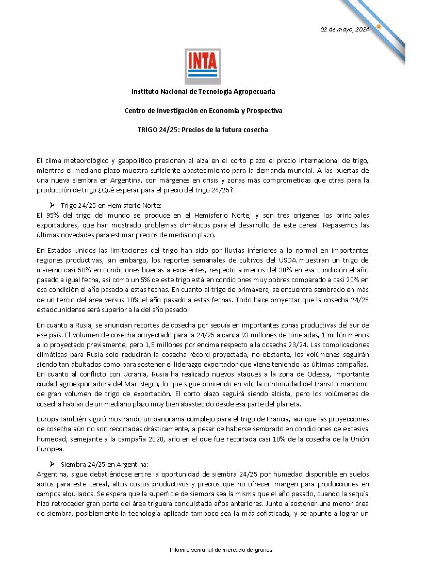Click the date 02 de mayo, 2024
pyautogui.click(x=344, y=29)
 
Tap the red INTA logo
pyautogui.click(x=203, y=66)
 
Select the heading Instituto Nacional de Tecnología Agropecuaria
pyautogui.click(x=203, y=91)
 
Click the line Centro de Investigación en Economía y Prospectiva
pyautogui.click(x=203, y=110)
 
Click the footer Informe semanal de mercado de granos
pyautogui.click(x=221, y=550)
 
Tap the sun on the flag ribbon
pyautogui.click(x=379, y=26)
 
